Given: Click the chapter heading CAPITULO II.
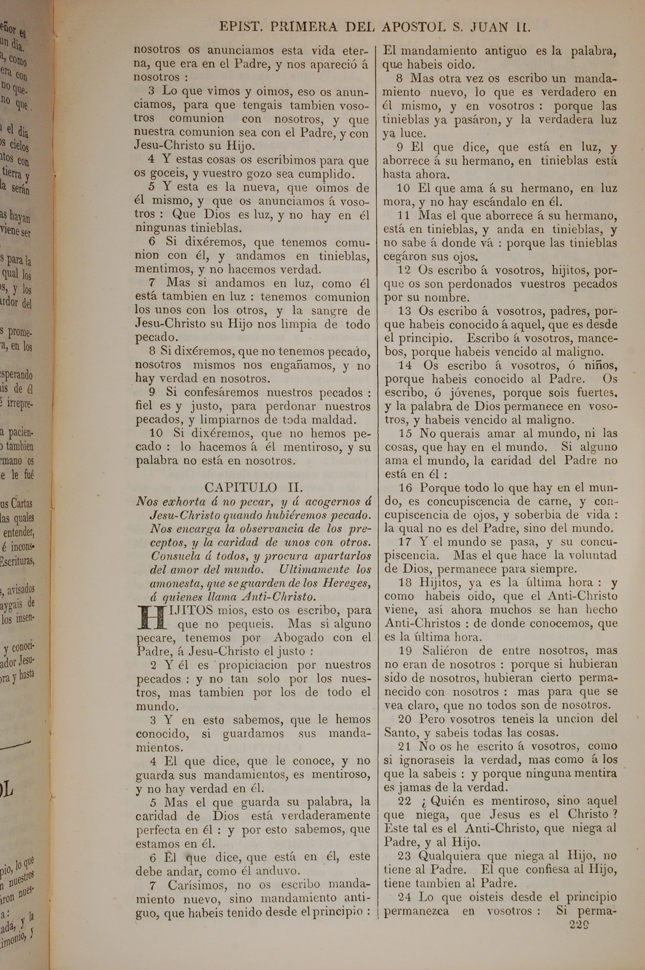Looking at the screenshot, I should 253,488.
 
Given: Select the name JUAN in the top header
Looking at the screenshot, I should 488,27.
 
